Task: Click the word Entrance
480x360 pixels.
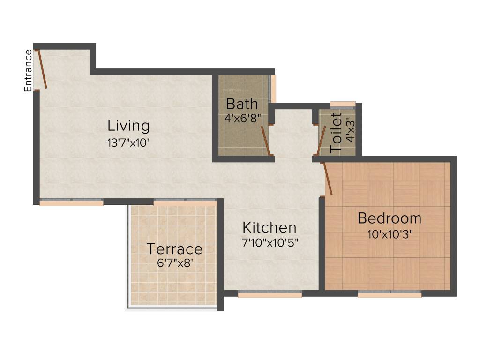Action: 29,70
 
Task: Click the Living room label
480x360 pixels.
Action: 128,126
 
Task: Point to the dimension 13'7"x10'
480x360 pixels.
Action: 128,142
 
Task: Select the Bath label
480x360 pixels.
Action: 242,104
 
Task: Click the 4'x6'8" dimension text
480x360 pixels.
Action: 242,118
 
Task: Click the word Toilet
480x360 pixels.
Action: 336,133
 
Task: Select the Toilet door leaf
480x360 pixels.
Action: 321,140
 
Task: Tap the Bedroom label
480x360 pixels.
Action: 389,218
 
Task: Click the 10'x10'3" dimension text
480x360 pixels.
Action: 389,234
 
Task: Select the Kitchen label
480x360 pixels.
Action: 269,227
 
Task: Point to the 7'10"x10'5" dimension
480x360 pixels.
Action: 270,242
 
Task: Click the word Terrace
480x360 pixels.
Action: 174,249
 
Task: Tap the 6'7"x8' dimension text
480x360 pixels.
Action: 174,263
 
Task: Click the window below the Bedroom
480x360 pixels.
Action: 390,294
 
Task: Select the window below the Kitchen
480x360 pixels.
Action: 270,294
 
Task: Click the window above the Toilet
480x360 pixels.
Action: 343,104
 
